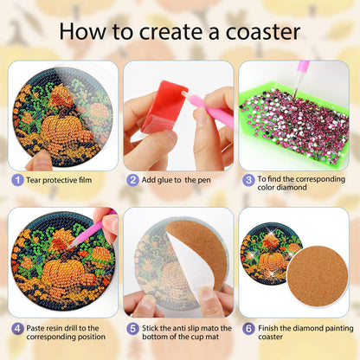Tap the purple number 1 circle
pyautogui.click(x=16, y=180)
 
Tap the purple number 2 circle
pyautogui.click(x=132, y=180)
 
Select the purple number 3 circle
pyautogui.click(x=247, y=180)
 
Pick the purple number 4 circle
pyautogui.click(x=16, y=329)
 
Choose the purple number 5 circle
pyautogui.click(x=132, y=329)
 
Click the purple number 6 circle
pyautogui.click(x=247, y=329)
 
